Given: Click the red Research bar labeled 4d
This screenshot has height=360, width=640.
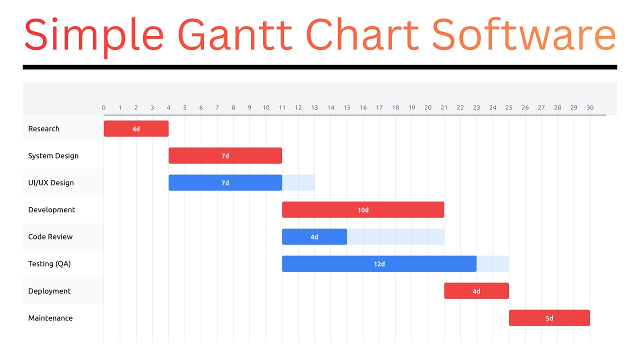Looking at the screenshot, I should pos(136,128).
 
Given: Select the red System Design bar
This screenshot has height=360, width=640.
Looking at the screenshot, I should pos(225,155).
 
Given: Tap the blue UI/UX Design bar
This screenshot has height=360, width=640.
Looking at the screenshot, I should pos(225,182).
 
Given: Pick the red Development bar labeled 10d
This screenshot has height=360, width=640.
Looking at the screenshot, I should pos(363,209).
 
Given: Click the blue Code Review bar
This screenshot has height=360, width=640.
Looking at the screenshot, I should pos(314,236).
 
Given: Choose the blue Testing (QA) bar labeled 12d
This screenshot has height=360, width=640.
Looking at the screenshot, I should pos(379,263).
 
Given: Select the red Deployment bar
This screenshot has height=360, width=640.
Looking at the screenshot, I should pos(476,291).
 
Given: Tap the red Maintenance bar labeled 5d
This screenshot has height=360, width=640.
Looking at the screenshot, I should pos(549,318).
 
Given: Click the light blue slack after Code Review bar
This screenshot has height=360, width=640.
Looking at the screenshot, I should pos(395,236).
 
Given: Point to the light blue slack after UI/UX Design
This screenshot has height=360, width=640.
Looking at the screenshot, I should pos(298,182).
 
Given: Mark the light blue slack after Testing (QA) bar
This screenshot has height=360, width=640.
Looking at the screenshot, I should pos(493,263).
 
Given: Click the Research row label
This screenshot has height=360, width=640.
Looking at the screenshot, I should pos(44,128).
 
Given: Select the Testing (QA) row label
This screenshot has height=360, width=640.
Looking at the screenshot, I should pos(49,263).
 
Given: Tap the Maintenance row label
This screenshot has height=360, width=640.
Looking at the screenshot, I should pos(50,318).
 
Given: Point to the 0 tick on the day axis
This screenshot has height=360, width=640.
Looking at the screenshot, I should pos(104,107).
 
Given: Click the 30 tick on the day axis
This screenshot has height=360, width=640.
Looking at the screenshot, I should pos(590,107).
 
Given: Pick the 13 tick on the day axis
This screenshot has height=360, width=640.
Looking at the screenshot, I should pos(314,107).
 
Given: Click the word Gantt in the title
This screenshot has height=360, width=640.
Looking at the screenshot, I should pos(234,35).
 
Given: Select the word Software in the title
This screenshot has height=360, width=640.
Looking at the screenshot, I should pos(523,35).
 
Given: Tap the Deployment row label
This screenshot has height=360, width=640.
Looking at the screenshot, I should pos(49,291).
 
